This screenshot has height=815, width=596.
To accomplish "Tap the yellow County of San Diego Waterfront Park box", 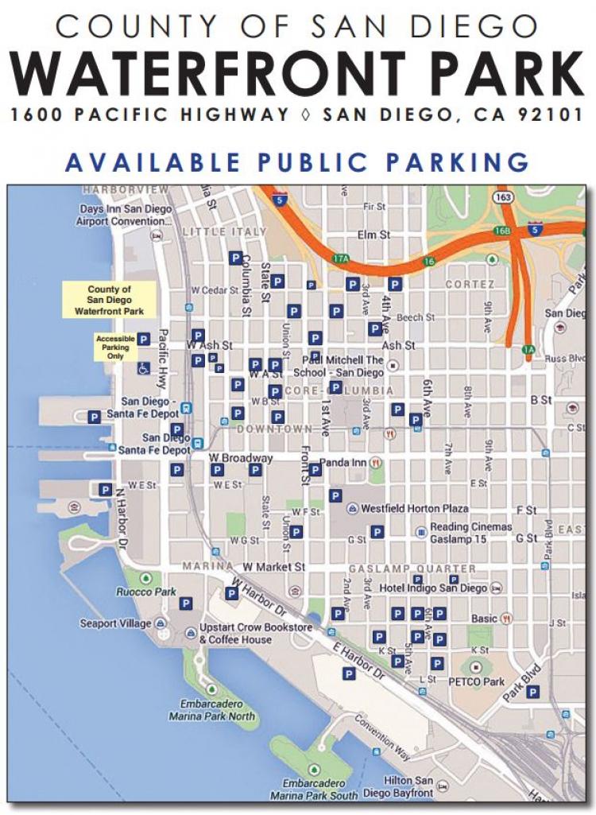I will point(109,301).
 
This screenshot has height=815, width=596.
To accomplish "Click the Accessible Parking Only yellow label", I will point(115,347).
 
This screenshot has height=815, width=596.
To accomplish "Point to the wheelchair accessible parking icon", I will point(143,368).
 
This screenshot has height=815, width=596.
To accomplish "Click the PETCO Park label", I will point(482,681).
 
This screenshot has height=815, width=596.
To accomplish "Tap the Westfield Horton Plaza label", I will point(415,508).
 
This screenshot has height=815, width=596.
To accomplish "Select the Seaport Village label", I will point(115,623).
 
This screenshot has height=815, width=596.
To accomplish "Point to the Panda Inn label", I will point(343,462).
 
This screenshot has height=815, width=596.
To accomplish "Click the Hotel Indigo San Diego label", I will point(432,588).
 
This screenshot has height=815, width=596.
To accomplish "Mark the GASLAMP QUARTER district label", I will point(412,569).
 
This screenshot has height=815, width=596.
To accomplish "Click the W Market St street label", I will point(273,567).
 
